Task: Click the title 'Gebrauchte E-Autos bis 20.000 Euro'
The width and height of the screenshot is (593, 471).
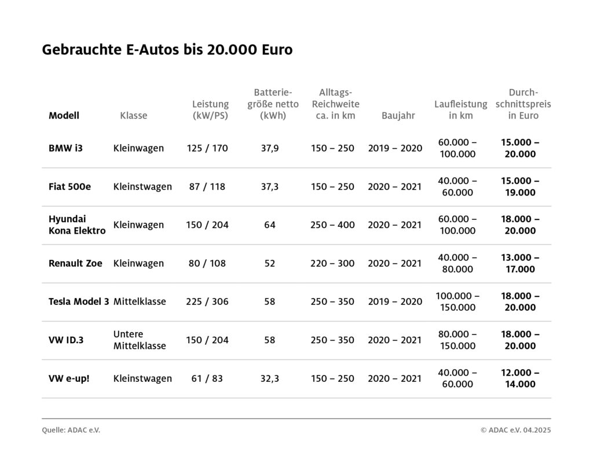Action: pos(167,50)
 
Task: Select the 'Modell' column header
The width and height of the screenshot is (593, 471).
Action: pos(64,115)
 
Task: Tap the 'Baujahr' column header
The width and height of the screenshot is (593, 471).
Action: pos(398,115)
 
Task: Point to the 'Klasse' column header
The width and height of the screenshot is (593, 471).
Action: pos(134,115)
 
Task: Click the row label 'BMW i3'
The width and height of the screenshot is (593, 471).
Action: pos(65,148)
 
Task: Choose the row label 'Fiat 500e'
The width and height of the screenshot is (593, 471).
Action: pos(69,186)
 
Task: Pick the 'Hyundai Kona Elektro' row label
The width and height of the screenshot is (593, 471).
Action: pos(77,225)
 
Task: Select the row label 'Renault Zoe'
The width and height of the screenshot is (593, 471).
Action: pos(75,263)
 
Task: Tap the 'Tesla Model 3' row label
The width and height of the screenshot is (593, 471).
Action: pos(79,301)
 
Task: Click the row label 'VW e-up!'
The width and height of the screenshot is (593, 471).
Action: pos(69,378)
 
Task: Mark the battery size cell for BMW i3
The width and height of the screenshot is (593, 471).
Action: pos(270,148)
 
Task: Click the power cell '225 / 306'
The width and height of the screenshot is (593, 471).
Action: pos(207,301)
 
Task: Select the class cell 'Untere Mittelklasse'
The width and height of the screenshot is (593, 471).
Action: pos(140,340)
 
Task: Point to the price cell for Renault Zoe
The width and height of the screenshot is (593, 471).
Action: pos(520,263)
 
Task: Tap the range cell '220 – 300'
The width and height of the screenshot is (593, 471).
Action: pos(332,263)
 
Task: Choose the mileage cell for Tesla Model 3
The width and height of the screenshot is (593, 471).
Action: pos(457,301)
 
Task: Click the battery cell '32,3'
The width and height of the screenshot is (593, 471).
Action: pos(270,378)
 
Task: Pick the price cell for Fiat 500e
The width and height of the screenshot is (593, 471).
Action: pos(520,186)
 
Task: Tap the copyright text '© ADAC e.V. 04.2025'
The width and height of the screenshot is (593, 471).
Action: pos(515,430)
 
